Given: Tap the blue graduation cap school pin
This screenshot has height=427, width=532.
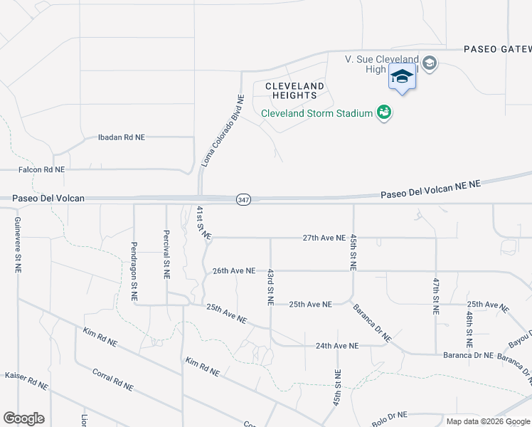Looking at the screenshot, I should pos(402,76).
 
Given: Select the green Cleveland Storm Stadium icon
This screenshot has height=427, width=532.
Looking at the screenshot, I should pos(385,112).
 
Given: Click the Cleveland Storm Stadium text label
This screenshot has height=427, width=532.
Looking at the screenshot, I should pos(316,113).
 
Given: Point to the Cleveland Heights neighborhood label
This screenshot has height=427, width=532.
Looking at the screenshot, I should pos(294,90).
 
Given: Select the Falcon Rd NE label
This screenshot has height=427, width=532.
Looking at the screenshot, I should pos(41,170).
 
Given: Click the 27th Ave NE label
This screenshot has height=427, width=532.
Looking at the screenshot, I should pos(324,238).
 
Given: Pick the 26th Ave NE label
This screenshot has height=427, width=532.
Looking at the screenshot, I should pos(233,270).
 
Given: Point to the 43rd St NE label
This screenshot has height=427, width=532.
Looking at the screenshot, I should pos(270,287).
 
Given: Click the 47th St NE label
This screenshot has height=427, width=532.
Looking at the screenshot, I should pos(436,296).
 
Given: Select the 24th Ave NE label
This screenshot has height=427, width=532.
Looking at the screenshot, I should pos(338,346).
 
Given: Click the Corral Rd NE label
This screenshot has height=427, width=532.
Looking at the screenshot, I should pos(112,379).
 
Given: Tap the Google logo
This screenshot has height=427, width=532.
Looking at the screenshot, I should pos(23,418).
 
